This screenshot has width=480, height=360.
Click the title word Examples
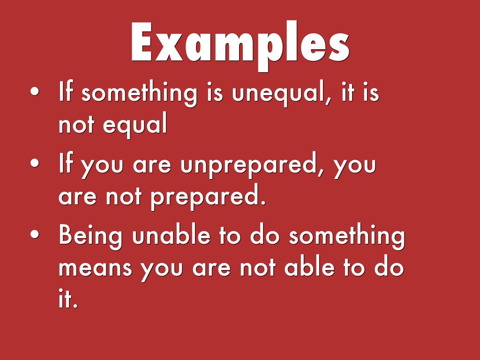(240, 45)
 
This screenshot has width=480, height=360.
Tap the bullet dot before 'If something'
(35, 91)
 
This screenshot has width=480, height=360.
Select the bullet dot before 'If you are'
(35, 163)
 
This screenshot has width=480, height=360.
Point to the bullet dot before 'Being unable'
(35, 234)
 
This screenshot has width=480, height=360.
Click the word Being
(90, 236)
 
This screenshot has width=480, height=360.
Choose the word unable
(172, 235)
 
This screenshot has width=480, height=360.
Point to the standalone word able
(309, 266)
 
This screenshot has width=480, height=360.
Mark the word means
(95, 268)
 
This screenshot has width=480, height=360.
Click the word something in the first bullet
(139, 93)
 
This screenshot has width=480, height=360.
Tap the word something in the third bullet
(347, 236)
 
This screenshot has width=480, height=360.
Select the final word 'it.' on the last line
(68, 298)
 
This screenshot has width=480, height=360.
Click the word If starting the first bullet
(66, 91)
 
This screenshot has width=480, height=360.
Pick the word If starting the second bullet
(66, 163)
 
